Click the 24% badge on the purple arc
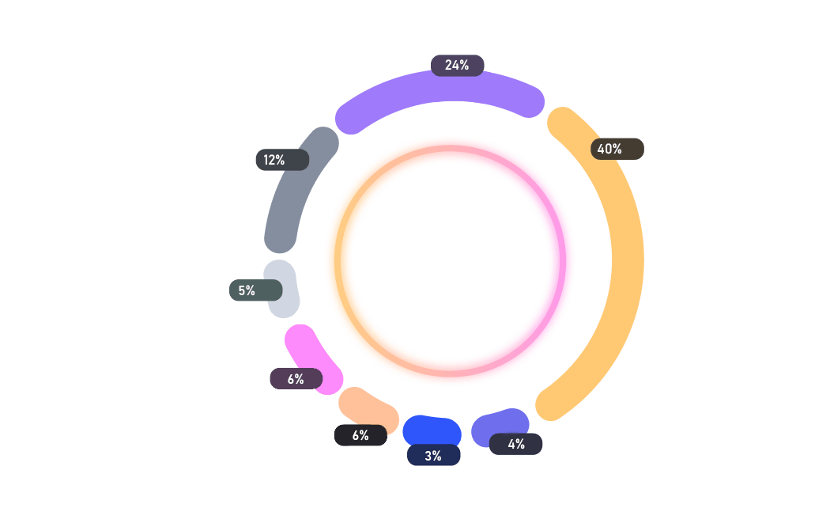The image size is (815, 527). (x=457, y=66)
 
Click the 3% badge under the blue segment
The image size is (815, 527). (x=434, y=456)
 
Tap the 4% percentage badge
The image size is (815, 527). (x=515, y=445)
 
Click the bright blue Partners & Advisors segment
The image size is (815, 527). (x=432, y=430)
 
